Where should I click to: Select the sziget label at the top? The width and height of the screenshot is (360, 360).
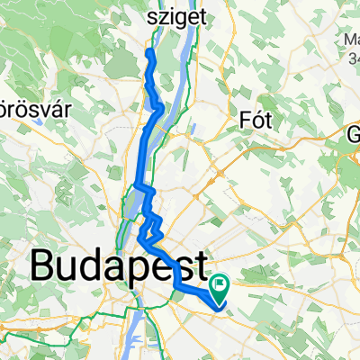pyautogui.click(x=178, y=15)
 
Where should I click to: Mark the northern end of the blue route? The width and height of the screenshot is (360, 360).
pyautogui.click(x=148, y=52)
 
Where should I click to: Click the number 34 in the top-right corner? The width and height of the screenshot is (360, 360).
pyautogui.click(x=352, y=58)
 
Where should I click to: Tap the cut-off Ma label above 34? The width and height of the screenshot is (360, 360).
pyautogui.click(x=351, y=40)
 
